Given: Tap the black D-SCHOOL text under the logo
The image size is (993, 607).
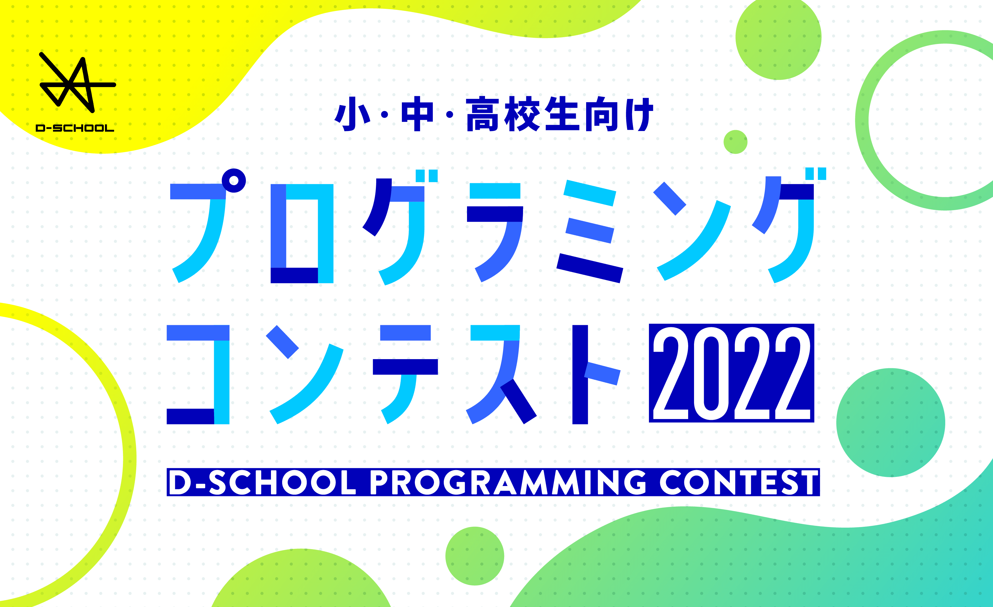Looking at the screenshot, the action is [75, 128].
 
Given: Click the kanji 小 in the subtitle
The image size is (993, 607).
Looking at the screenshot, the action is [352, 114].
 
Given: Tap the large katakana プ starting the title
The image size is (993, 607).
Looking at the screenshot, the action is [208, 225].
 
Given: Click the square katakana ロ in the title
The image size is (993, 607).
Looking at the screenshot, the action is [302, 233].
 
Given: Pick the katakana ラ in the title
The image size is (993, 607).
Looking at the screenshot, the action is [495, 232].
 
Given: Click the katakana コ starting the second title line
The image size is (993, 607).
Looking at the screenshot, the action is [198, 374].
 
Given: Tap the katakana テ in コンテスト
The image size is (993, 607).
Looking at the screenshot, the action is [405, 374].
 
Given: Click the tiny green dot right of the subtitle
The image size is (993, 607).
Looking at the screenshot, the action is [736, 142].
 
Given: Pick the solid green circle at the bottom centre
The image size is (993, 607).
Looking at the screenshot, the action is [475, 556].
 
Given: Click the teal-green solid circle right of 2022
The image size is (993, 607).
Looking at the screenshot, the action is [891, 423].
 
